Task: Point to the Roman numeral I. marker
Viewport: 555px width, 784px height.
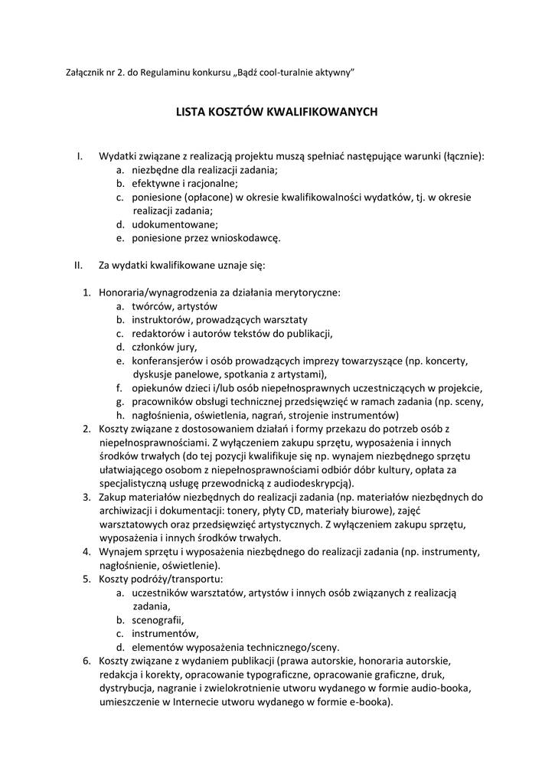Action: point(80,156)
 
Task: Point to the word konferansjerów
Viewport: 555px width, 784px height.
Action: point(171,361)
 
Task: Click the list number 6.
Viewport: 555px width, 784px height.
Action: point(86,661)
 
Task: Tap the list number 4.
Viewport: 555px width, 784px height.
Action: point(86,551)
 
